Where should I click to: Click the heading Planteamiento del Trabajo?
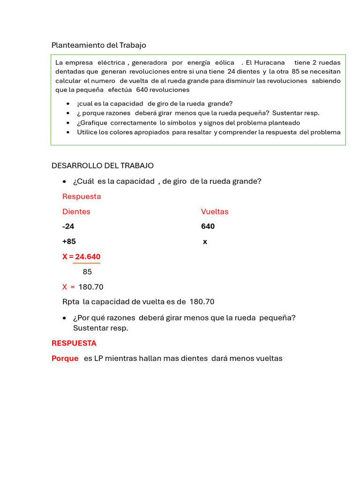[x=98, y=45]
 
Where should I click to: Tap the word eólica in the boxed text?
[x=225, y=62]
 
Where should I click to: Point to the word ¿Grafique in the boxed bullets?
[x=92, y=123]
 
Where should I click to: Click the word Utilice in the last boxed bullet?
[x=88, y=132]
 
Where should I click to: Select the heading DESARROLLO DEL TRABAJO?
[x=102, y=166]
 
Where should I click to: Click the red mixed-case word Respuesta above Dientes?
[x=82, y=196]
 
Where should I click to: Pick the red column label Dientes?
[x=76, y=211]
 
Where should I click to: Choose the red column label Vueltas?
[x=215, y=211]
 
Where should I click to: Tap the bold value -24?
[x=68, y=226]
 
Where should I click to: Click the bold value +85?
[x=69, y=241]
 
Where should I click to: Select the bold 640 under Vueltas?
[x=208, y=226]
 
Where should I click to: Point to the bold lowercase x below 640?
[x=205, y=242]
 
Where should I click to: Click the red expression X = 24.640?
[x=81, y=257]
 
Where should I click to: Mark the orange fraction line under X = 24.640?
[x=86, y=263]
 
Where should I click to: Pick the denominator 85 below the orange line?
[x=87, y=272]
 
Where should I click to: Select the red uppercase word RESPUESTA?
[x=74, y=343]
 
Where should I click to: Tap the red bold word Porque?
[x=65, y=359]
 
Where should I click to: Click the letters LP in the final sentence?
[x=98, y=359]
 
